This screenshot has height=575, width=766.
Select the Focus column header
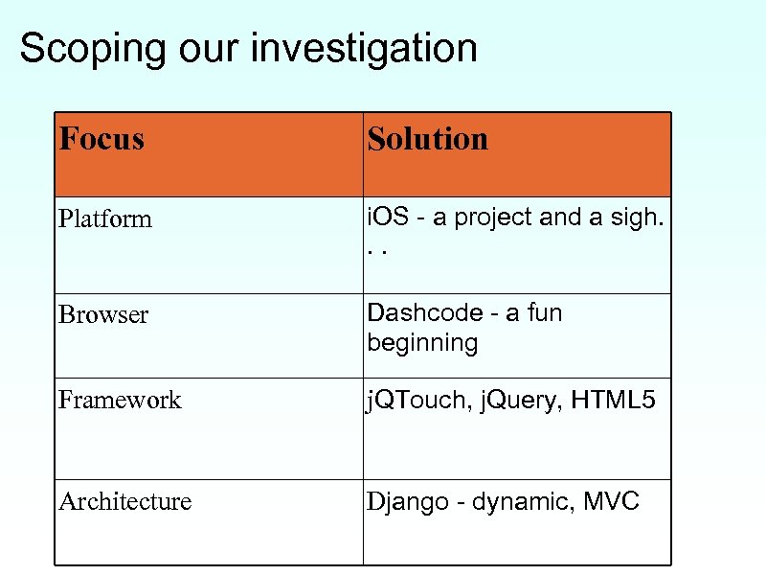tap(101, 140)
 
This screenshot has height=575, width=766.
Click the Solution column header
tap(427, 140)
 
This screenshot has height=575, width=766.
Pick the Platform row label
tap(105, 218)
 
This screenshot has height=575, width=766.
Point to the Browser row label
tap(103, 314)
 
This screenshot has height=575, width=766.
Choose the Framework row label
tap(120, 400)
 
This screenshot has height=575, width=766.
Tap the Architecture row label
tap(124, 501)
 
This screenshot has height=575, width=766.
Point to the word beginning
tap(422, 343)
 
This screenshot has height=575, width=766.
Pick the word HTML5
tap(614, 399)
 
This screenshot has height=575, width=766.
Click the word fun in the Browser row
tap(544, 312)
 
